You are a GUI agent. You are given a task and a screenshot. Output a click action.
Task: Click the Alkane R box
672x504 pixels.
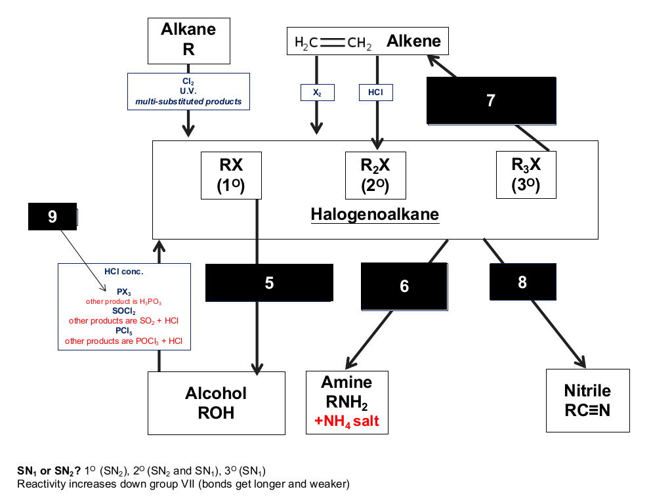pos(188,41)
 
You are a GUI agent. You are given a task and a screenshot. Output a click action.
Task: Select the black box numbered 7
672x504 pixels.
pos(491,100)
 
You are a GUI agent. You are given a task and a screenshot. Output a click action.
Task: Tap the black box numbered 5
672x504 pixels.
pos(269,282)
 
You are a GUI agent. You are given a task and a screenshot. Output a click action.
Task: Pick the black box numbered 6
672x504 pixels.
pos(404,286)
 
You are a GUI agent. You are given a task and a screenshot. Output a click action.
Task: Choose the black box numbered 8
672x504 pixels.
pos(523,282)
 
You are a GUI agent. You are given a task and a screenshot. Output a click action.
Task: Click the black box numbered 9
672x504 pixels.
pos(52,217)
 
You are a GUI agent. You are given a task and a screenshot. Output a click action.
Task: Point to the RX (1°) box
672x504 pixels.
pos(231,175)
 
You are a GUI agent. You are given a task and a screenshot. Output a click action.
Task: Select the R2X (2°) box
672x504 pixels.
pos(375,175)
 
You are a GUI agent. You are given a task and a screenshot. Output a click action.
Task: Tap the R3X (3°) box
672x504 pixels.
pos(526,175)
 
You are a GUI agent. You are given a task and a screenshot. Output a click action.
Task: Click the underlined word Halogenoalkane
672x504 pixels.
pos(375,215)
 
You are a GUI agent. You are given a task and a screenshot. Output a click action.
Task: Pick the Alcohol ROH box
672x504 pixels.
pos(217,403)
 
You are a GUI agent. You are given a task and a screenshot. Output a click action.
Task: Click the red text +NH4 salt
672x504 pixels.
pos(346,421)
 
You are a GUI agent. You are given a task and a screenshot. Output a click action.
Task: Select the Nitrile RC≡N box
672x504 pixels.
pos(587,400)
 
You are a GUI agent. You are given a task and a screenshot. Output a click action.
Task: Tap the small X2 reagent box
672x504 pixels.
pos(317,93)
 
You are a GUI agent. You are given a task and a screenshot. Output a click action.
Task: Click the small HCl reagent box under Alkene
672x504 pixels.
pos(376,92)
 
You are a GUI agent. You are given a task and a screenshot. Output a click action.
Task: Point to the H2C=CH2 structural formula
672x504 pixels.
pos(333,43)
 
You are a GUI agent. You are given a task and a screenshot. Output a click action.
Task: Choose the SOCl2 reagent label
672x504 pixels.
pos(124,311)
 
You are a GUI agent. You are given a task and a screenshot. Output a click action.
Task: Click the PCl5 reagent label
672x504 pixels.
pos(124,331)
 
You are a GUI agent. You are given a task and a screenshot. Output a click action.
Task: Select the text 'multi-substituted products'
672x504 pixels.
pos(188,102)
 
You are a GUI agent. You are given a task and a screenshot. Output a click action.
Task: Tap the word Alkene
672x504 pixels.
pos(413,41)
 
